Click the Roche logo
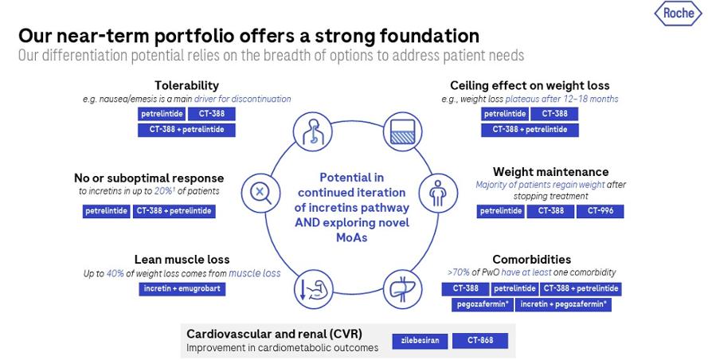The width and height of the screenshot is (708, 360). (678, 14)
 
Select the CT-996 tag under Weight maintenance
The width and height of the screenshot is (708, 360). (601, 211)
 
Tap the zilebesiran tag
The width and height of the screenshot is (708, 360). (419, 341)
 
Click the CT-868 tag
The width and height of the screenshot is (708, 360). (479, 341)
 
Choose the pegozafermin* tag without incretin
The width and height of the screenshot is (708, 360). (482, 304)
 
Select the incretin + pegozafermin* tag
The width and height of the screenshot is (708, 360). (563, 304)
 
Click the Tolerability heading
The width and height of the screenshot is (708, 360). (186, 85)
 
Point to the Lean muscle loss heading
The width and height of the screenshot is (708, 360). (182, 260)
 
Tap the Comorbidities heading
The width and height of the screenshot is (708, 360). (531, 260)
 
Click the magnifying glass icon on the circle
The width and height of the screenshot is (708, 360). (260, 191)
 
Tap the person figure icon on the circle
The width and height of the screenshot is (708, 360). (436, 191)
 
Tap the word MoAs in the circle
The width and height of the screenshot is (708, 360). (351, 237)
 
